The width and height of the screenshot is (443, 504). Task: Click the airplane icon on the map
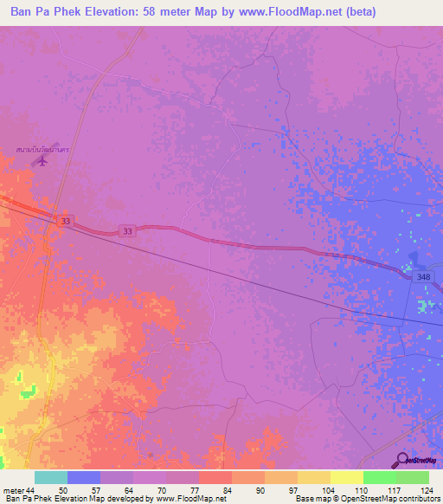pyautogui.click(x=41, y=161)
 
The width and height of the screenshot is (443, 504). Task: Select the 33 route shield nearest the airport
pyautogui.click(x=66, y=222)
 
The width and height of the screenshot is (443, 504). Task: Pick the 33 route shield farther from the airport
pyautogui.click(x=127, y=231)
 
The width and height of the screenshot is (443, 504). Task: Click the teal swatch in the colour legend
pyautogui.click(x=50, y=477)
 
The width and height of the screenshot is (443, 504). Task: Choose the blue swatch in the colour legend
pyautogui.click(x=83, y=477)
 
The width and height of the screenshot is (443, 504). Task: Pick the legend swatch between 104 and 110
pyautogui.click(x=346, y=477)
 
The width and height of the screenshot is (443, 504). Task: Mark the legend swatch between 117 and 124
pyautogui.click(x=413, y=477)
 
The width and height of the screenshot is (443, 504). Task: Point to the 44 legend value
pyautogui.click(x=32, y=489)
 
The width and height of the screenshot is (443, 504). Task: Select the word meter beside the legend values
pyautogui.click(x=13, y=489)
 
